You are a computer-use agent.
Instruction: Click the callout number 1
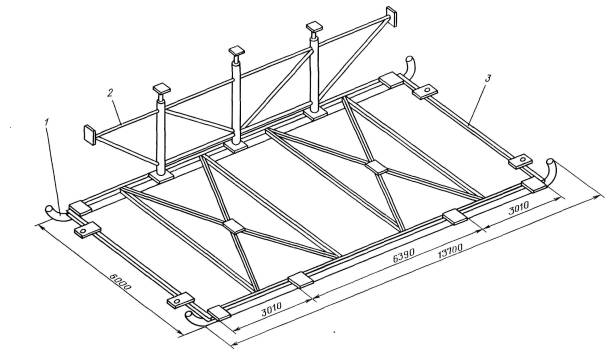point(47,122)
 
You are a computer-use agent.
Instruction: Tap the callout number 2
point(110,93)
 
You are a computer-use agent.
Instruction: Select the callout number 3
point(488,78)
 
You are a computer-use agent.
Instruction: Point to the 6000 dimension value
point(120,282)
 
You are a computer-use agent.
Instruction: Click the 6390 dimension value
point(403,256)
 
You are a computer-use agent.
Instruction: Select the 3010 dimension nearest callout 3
point(518,208)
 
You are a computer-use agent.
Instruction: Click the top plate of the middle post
point(237,51)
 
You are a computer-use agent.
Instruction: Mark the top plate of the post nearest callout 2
point(162,88)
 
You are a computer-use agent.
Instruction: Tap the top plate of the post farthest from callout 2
point(314,27)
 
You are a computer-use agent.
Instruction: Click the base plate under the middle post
point(236,147)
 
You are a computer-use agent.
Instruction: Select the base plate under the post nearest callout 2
point(161,177)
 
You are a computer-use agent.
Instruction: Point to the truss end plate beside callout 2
point(90,135)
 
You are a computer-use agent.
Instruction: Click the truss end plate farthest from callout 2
point(391,16)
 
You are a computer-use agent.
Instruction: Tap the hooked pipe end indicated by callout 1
point(57,213)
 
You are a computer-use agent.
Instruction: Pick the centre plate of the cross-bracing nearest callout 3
point(377,167)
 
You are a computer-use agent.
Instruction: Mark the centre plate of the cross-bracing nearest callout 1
point(234,227)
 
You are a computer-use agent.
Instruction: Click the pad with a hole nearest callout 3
point(425,91)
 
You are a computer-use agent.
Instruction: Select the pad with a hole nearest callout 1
point(87,229)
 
